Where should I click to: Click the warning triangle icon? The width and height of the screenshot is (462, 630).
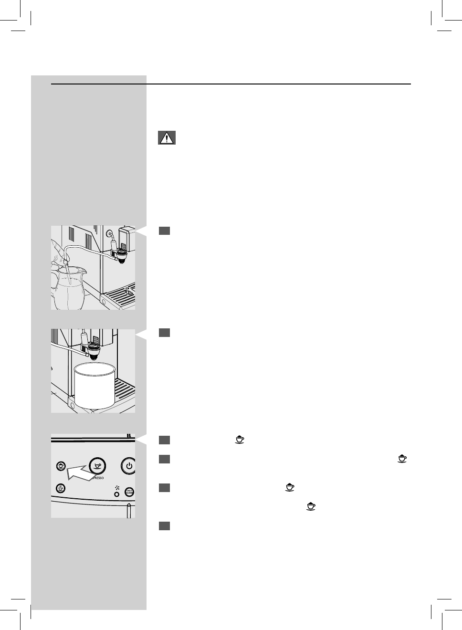click(167, 138)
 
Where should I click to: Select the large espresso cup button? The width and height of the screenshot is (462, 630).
click(98, 465)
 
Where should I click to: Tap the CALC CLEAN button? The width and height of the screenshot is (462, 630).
click(129, 492)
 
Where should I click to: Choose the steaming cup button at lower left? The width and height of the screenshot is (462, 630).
click(61, 488)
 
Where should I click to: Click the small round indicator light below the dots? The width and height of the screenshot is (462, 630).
click(116, 494)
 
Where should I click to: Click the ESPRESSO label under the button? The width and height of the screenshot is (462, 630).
click(98, 478)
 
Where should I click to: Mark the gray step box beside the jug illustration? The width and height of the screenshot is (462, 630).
click(164, 231)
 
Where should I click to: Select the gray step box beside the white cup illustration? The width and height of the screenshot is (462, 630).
click(164, 333)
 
